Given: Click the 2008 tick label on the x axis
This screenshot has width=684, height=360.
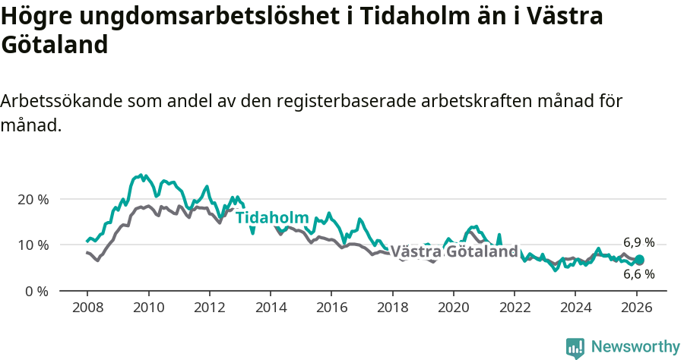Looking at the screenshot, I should (87, 308).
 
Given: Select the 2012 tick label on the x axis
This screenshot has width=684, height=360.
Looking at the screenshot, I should (209, 308).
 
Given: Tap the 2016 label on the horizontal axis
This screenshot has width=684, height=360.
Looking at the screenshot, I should (331, 308).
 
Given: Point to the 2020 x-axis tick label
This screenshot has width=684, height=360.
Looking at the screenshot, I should (453, 308).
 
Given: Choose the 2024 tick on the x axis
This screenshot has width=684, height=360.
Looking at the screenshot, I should (575, 308).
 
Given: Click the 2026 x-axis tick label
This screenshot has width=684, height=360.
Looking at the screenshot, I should (636, 308).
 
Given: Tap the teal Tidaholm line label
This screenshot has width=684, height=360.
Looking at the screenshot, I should (272, 218).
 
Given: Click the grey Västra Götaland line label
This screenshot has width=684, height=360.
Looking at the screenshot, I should (454, 251).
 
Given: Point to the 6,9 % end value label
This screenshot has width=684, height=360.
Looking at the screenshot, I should (638, 242).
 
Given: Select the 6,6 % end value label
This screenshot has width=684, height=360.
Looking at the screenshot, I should (638, 274).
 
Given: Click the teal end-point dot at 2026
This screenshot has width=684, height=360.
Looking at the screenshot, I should (639, 260).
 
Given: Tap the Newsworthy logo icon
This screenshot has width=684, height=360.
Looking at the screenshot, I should (575, 347).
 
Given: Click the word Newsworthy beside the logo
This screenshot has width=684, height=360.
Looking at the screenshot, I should (635, 347).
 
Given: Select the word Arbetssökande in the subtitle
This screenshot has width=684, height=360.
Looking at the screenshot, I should (62, 101).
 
